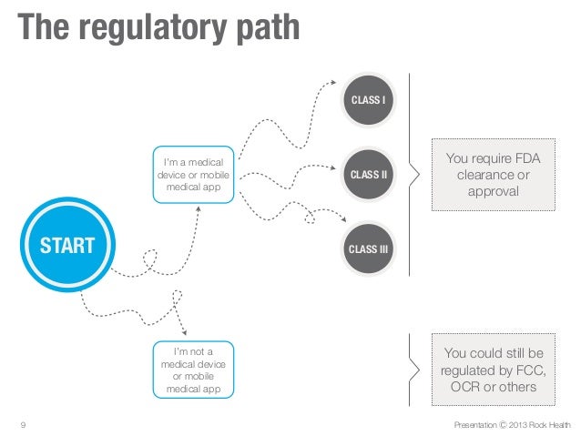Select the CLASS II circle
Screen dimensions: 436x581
point(369,173)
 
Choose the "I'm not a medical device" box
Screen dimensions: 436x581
point(193,369)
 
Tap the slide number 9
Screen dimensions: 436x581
point(22,424)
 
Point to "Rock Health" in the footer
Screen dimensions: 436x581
point(552,424)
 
